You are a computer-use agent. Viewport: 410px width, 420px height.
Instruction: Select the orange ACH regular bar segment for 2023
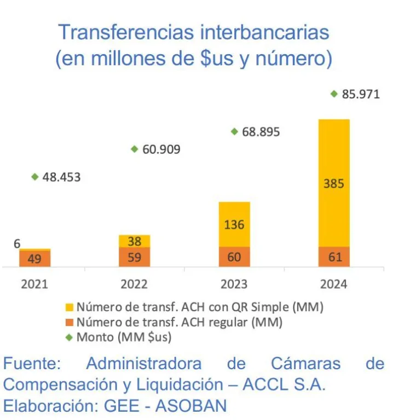coord(234,256)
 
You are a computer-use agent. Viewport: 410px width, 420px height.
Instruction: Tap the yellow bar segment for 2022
coord(135,241)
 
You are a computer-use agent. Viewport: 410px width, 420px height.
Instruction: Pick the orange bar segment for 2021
coord(35,258)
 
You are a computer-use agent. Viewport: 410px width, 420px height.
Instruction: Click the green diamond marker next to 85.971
coord(334,94)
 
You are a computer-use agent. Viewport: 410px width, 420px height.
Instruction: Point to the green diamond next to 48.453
coord(35,177)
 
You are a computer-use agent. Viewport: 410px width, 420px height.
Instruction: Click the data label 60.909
coord(161,149)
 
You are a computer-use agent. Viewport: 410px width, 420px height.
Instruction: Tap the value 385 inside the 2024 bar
coord(333,184)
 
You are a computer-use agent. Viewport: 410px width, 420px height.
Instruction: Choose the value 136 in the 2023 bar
coord(234,225)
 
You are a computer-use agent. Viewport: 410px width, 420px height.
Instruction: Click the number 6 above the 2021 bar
coord(17,244)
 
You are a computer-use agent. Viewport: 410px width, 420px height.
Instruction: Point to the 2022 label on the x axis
coord(135,284)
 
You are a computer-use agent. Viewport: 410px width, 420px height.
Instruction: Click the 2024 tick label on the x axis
coord(334,284)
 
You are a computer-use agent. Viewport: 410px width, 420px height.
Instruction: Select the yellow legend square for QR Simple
coord(69,307)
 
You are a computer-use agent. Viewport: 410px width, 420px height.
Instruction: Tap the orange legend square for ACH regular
coord(69,323)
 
